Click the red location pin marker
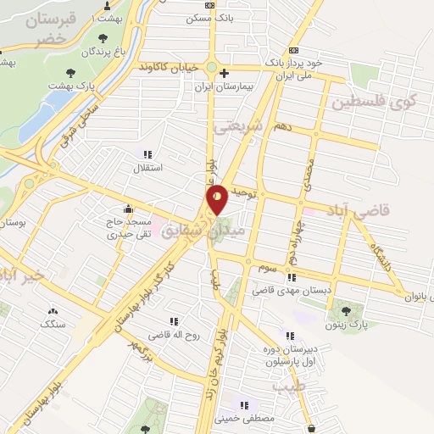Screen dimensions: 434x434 (218, 199)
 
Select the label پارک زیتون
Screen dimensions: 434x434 (346, 325)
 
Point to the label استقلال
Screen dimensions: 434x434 (154, 168)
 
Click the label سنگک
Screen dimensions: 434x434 (53, 324)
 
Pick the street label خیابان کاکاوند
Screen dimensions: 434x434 (172, 66)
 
